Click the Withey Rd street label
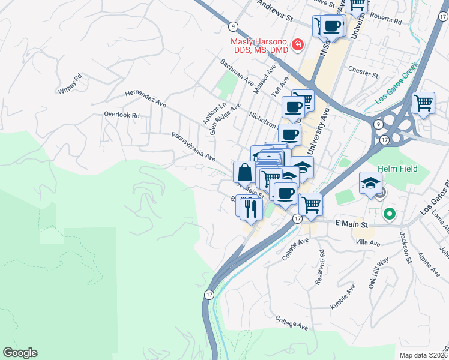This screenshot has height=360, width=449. click(x=70, y=85)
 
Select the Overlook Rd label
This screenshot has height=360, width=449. click(x=121, y=115)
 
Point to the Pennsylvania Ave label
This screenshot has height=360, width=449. click(x=193, y=147)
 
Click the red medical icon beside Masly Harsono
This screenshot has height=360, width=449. click(x=297, y=46)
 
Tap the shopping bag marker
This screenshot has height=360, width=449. click(x=244, y=172)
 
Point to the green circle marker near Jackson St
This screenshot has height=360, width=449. click(x=389, y=213)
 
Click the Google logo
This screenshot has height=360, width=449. click(x=20, y=352)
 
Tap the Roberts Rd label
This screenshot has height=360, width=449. click(x=387, y=19)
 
